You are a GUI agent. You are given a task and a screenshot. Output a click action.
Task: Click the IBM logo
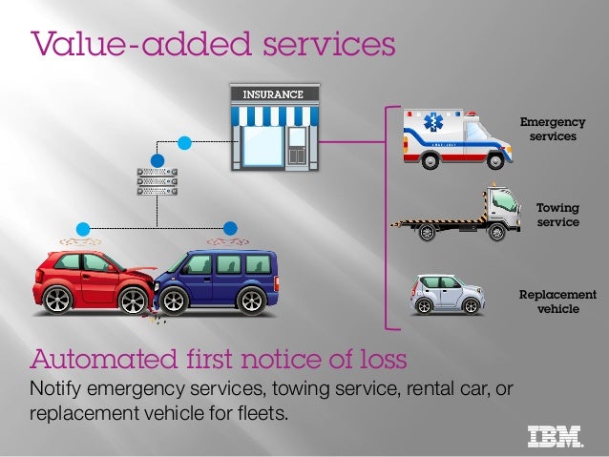555,435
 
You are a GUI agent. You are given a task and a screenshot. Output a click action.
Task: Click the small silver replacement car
447,294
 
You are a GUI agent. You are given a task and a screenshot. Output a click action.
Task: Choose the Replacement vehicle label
557,301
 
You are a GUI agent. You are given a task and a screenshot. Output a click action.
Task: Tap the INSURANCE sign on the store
272,94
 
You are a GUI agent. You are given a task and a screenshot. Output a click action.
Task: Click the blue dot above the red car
83,228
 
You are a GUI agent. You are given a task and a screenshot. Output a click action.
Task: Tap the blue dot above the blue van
229,228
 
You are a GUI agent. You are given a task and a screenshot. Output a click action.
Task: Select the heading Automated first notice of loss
220,360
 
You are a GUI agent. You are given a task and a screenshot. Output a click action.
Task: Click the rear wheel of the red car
57,300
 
